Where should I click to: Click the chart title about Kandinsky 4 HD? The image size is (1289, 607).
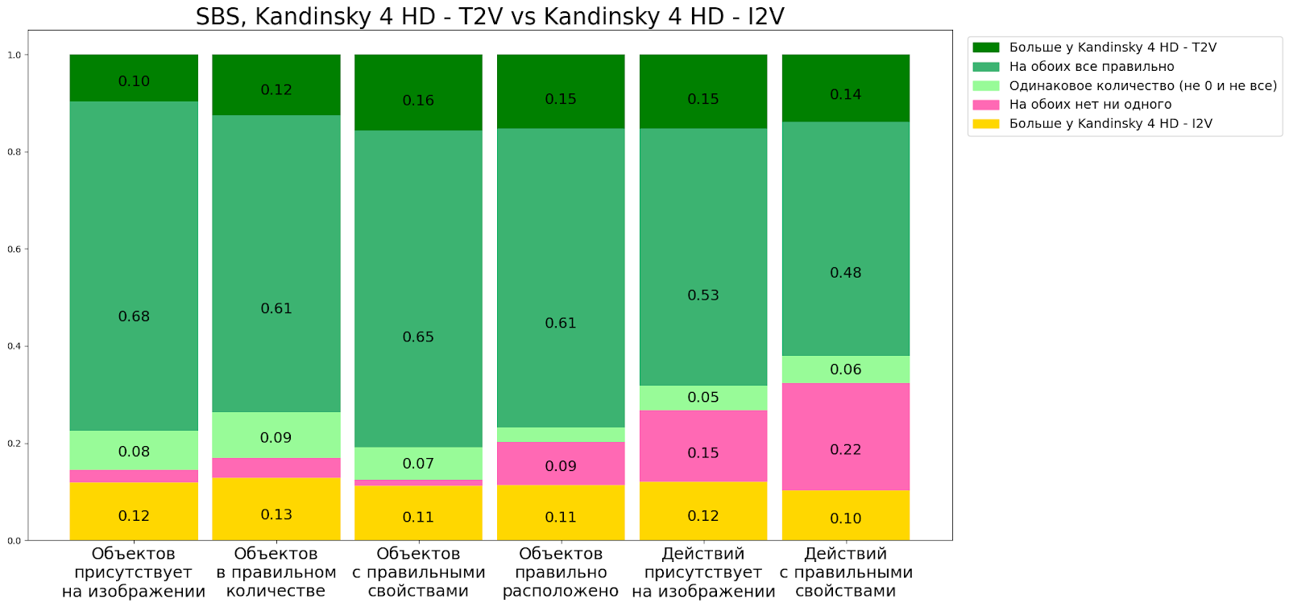pyautogui.click(x=490, y=16)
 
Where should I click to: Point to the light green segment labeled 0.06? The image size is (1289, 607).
pyautogui.click(x=845, y=370)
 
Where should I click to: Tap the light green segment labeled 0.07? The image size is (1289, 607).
pyautogui.click(x=418, y=463)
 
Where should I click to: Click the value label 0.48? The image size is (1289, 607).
pyautogui.click(x=845, y=273)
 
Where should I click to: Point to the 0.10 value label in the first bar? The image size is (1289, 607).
pyautogui.click(x=134, y=81)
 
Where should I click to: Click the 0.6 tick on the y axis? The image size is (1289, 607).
pyautogui.click(x=15, y=250)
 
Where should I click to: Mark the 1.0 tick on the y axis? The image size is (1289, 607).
pyautogui.click(x=15, y=55)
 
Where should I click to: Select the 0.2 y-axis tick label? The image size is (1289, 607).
pyautogui.click(x=15, y=444)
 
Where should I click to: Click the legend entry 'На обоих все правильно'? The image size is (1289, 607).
pyautogui.click(x=1091, y=67)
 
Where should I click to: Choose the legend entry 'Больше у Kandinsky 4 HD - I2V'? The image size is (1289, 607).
pyautogui.click(x=1110, y=124)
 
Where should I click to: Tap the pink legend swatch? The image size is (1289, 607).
pyautogui.click(x=985, y=105)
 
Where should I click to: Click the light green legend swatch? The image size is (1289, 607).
pyautogui.click(x=985, y=86)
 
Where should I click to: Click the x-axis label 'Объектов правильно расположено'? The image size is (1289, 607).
pyautogui.click(x=561, y=572)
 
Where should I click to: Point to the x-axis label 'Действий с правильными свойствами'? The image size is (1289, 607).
pyautogui.click(x=845, y=572)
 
